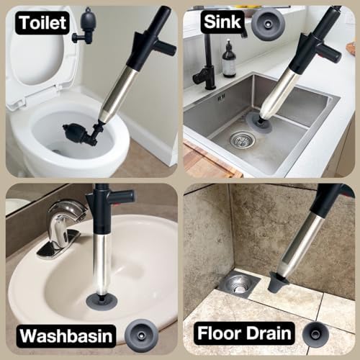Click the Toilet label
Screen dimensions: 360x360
[42, 23]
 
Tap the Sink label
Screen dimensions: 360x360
[222, 22]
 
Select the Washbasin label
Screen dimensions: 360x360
[66, 336]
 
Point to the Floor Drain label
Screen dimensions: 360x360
[244, 333]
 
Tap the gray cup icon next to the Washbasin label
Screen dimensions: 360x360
[142, 336]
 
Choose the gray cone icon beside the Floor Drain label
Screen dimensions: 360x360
[315, 334]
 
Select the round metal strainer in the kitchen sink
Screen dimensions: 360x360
[243, 140]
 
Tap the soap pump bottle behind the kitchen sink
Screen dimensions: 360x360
[228, 59]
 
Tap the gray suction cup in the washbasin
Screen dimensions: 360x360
[102, 300]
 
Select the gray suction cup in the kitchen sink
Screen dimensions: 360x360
[260, 122]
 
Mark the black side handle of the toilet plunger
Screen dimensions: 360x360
[166, 48]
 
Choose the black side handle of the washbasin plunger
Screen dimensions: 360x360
[122, 195]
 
